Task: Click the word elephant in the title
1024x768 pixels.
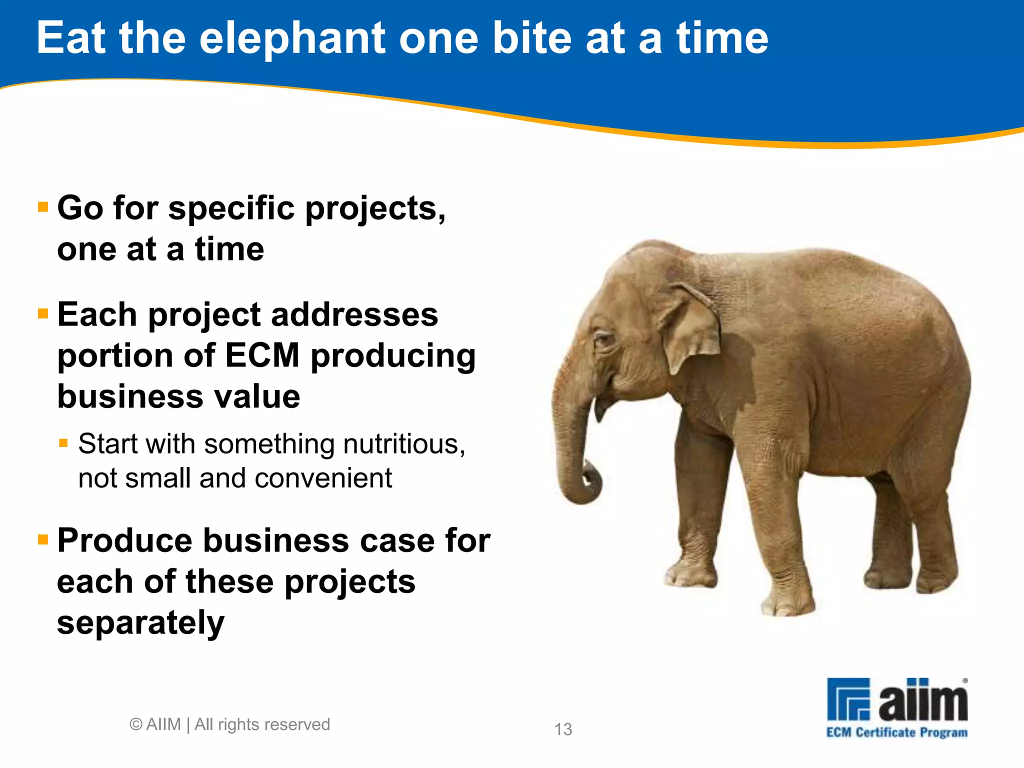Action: [x=292, y=39]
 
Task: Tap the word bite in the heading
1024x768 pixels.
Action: [x=532, y=39]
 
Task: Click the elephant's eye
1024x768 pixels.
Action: [x=603, y=339]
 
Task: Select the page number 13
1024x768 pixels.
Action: [x=563, y=729]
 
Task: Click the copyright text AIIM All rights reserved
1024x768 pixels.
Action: [x=230, y=724]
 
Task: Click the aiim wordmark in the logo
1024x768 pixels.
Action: [x=923, y=700]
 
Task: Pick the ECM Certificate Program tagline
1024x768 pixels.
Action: [x=896, y=732]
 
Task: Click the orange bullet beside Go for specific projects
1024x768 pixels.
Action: [x=43, y=206]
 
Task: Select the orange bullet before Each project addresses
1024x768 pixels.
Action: [x=43, y=313]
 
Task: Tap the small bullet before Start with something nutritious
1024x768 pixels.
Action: [x=63, y=442]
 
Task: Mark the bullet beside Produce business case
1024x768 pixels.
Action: [x=43, y=539]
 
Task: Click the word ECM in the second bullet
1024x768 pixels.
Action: [x=262, y=355]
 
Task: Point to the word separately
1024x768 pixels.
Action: [x=140, y=623]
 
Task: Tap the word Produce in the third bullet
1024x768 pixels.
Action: [x=124, y=540]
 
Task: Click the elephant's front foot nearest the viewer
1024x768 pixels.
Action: [x=787, y=602]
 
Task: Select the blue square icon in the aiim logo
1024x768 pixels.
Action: [x=848, y=699]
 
